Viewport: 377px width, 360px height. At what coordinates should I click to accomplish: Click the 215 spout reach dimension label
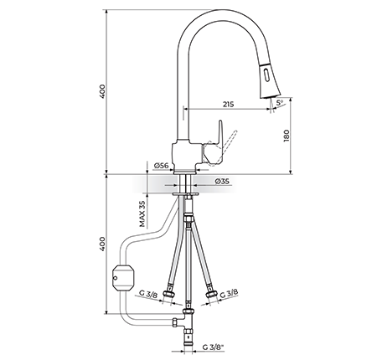[x=228, y=105]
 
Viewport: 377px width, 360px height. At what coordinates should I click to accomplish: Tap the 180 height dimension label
[x=287, y=136]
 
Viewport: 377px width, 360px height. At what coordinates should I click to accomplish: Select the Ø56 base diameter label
[x=161, y=166]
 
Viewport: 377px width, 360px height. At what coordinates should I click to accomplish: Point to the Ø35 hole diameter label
[x=222, y=182]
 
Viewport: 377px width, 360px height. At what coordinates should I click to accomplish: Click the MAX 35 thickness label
[x=142, y=213]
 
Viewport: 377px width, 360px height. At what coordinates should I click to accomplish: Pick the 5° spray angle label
[x=280, y=103]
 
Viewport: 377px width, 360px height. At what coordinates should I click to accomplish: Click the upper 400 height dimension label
[x=103, y=91]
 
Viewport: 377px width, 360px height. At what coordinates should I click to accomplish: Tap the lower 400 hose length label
[x=103, y=244]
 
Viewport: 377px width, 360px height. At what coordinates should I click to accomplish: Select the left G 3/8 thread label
[x=148, y=294]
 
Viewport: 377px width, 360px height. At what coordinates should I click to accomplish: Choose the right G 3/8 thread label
[x=229, y=293]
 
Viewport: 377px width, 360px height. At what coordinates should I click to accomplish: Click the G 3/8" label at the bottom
[x=214, y=347]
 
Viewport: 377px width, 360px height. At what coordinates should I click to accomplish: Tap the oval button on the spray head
[x=265, y=75]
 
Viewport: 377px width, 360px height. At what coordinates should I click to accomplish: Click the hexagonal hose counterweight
[x=123, y=278]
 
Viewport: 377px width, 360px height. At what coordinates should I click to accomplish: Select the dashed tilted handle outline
[x=222, y=148]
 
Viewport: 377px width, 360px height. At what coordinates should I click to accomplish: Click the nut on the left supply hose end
[x=169, y=294]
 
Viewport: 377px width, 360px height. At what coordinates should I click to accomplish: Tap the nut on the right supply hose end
[x=210, y=294]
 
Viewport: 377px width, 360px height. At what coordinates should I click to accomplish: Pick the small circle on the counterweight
[x=115, y=278]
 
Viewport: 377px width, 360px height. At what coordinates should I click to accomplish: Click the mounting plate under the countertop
[x=185, y=193]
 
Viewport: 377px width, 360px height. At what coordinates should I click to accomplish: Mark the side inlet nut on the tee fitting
[x=175, y=322]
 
